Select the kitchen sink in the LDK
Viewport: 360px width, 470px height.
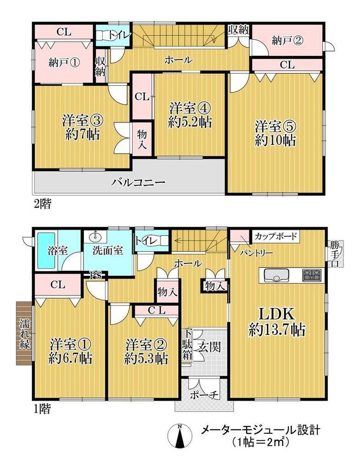tap(276, 275)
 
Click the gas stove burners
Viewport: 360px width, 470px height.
tap(311, 275)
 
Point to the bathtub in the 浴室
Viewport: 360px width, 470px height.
tap(45, 250)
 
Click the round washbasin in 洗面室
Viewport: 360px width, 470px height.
tap(95, 236)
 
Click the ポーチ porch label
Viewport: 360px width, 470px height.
tap(204, 395)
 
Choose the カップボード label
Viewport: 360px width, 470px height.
tap(276, 236)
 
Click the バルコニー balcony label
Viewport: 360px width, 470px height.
tap(138, 182)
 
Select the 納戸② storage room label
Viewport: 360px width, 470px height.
tap(287, 40)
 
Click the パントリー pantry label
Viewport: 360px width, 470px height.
tap(256, 253)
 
